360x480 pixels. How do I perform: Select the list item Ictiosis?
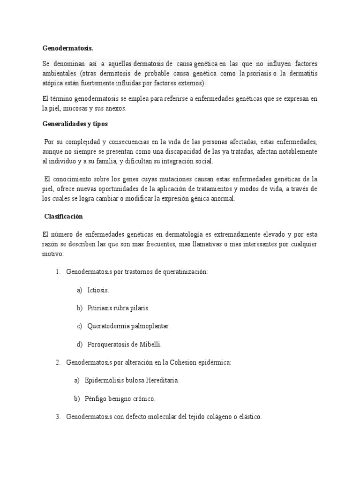(98, 290)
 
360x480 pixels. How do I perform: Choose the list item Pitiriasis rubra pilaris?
(118, 308)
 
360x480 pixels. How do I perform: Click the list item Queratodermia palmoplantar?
(128, 326)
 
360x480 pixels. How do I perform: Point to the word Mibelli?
(150, 344)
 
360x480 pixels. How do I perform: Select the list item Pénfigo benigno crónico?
(120, 398)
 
